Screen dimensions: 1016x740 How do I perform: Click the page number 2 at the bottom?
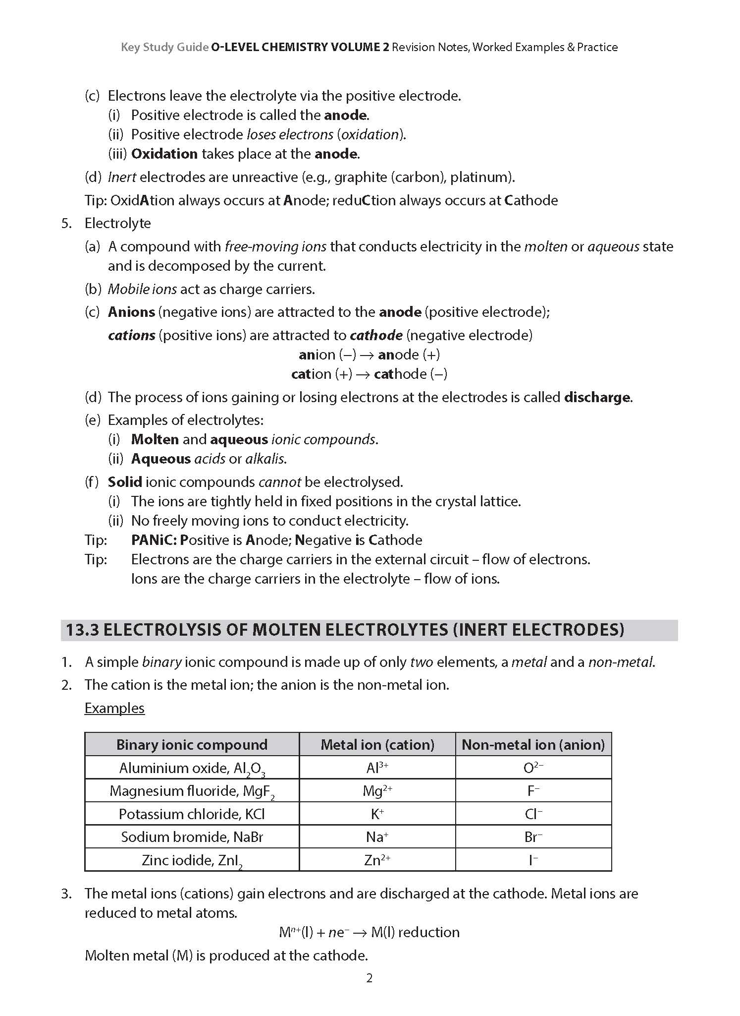[x=369, y=978]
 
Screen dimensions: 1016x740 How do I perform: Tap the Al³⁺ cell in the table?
[x=377, y=768]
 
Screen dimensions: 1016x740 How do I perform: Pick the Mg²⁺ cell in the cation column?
[x=377, y=790]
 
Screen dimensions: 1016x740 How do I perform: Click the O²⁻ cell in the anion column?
[x=533, y=768]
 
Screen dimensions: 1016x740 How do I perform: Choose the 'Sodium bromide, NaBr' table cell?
[x=192, y=837]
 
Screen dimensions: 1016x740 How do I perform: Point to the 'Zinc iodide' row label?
[x=192, y=860]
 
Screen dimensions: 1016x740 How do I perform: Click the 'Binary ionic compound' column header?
[x=192, y=744]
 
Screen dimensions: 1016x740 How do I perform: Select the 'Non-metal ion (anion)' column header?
[x=533, y=744]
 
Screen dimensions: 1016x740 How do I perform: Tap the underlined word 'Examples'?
[x=114, y=708]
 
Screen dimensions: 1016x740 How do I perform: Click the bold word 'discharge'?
[x=597, y=397]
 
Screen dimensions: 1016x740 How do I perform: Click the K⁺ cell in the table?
[x=377, y=814]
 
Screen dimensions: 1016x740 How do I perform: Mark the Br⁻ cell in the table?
[x=533, y=837]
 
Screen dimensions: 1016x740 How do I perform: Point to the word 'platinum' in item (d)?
[x=480, y=177]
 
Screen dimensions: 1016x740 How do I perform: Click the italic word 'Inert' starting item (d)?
[x=122, y=177]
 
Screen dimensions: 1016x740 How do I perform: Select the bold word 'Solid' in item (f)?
[x=125, y=482]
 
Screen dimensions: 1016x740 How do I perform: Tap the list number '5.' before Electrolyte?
[x=67, y=223]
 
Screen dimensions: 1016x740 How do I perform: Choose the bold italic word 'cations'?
[x=132, y=336]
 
